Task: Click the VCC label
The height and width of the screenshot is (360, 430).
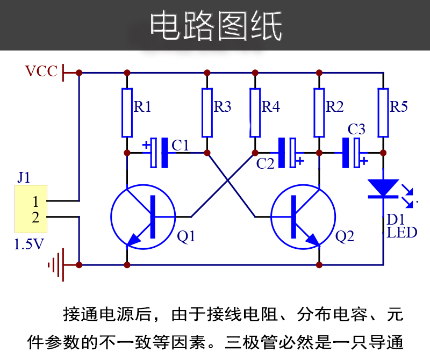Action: tap(41, 71)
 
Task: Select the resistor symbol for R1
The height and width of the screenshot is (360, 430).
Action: tap(127, 113)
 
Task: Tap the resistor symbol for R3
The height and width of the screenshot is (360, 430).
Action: tap(207, 113)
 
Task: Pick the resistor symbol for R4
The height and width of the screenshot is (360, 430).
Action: tap(255, 113)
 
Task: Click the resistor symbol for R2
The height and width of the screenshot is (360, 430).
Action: tap(319, 113)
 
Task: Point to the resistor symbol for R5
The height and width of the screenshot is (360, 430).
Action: tap(383, 113)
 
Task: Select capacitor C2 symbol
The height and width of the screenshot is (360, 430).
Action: tap(287, 153)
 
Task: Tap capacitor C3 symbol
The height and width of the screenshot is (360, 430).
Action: tap(351, 153)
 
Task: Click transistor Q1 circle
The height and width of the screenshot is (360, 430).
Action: tap(143, 216)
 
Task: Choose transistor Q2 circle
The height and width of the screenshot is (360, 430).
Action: tap(303, 216)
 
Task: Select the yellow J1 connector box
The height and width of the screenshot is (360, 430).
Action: tap(31, 208)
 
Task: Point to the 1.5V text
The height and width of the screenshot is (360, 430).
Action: tap(29, 244)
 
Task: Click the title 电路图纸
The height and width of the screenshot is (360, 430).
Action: tap(216, 26)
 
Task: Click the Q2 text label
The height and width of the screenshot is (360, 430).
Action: tap(345, 236)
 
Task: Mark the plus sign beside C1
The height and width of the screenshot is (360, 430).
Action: tap(146, 145)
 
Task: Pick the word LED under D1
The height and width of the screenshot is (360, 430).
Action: tap(402, 233)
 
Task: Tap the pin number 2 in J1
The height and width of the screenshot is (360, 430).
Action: tap(35, 218)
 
